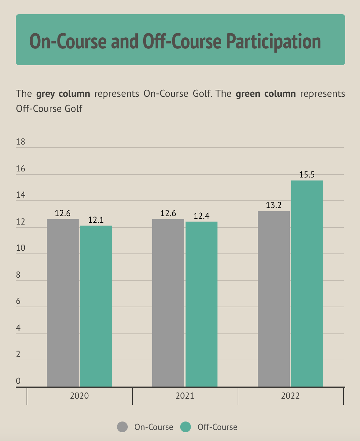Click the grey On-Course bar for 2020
63,303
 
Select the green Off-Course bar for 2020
96,306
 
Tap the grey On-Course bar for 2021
168,303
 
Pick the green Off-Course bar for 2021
201,304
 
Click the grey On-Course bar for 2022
274,299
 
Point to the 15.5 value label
307,175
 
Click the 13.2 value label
274,205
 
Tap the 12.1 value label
96,220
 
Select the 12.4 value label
201,216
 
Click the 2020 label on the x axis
79,396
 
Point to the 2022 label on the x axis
290,396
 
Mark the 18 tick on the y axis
21,142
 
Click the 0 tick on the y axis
18,381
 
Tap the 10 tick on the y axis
21,248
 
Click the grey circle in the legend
122,427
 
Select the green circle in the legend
186,427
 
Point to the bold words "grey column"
63,93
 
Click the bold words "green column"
266,93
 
